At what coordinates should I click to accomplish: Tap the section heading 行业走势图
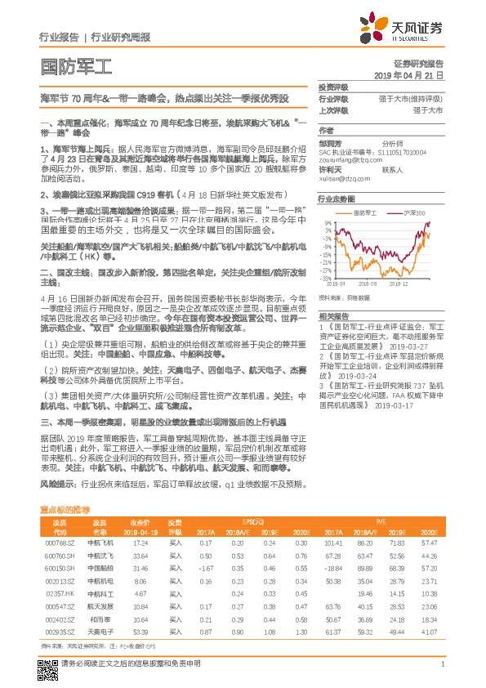click(337, 199)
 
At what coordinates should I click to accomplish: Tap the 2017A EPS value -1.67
click(204, 568)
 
